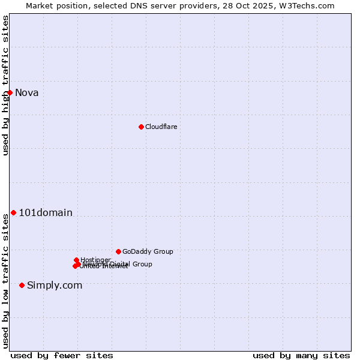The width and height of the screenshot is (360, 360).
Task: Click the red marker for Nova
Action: pos(10,92)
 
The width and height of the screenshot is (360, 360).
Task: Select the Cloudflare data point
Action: pos(141,127)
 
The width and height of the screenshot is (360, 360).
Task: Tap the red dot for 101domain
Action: pos(13,212)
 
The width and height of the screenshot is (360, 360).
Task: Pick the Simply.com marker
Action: pos(22,285)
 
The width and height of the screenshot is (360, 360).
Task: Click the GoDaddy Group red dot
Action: pos(118,251)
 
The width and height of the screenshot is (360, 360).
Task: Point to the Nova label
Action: pos(26,92)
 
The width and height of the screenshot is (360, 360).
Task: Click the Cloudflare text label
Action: pos(161,127)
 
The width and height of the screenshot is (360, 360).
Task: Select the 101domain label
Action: pos(46,212)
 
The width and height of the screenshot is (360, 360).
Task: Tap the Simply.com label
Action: pos(55,285)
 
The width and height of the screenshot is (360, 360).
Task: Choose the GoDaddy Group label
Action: pos(148,251)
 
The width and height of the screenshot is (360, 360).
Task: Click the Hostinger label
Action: pos(95,260)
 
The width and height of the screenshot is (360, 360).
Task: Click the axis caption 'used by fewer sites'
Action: pos(62,355)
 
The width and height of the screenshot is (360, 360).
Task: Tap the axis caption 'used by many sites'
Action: pos(301,355)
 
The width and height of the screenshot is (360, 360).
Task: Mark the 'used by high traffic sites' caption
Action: pos(5,85)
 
